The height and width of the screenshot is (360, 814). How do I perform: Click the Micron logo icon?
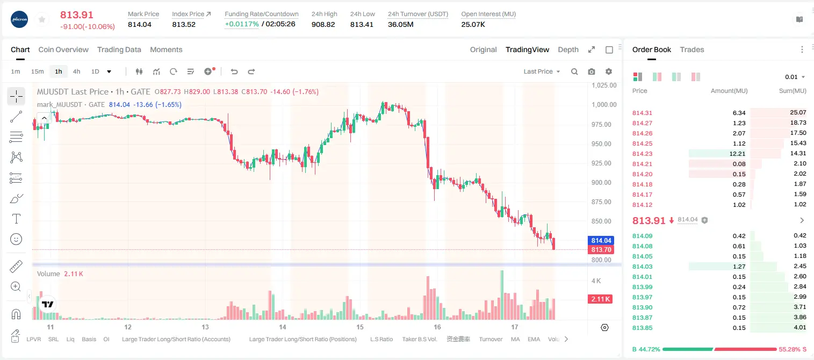tap(19, 19)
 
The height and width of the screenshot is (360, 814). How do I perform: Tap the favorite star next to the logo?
tap(42, 19)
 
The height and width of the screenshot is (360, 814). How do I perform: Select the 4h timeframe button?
tap(76, 71)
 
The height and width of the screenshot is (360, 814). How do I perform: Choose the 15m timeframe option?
tap(37, 71)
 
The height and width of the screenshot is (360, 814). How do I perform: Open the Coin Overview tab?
tap(63, 49)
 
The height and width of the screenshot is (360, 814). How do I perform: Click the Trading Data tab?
tap(119, 49)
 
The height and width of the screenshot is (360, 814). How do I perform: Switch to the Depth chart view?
tap(568, 49)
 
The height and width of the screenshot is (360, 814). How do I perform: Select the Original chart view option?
tap(483, 49)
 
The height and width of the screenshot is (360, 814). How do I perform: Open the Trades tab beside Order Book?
tap(692, 49)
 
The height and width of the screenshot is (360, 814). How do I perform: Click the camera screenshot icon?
tap(592, 71)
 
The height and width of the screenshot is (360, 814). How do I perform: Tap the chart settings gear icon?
tap(609, 71)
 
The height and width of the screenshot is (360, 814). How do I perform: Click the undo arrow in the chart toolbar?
tap(234, 71)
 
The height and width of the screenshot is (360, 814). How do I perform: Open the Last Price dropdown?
tap(542, 71)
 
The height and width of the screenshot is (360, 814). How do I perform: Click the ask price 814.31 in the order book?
tap(642, 113)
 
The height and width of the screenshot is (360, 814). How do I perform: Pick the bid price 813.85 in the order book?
tap(642, 328)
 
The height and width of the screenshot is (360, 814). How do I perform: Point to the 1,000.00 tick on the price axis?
tap(604, 105)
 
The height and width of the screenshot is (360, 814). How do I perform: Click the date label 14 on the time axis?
tap(283, 327)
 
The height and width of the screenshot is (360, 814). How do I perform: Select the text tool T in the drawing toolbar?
tap(16, 219)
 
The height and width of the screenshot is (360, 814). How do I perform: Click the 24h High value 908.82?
tap(323, 24)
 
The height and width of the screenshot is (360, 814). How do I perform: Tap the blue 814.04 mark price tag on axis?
tap(601, 241)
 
